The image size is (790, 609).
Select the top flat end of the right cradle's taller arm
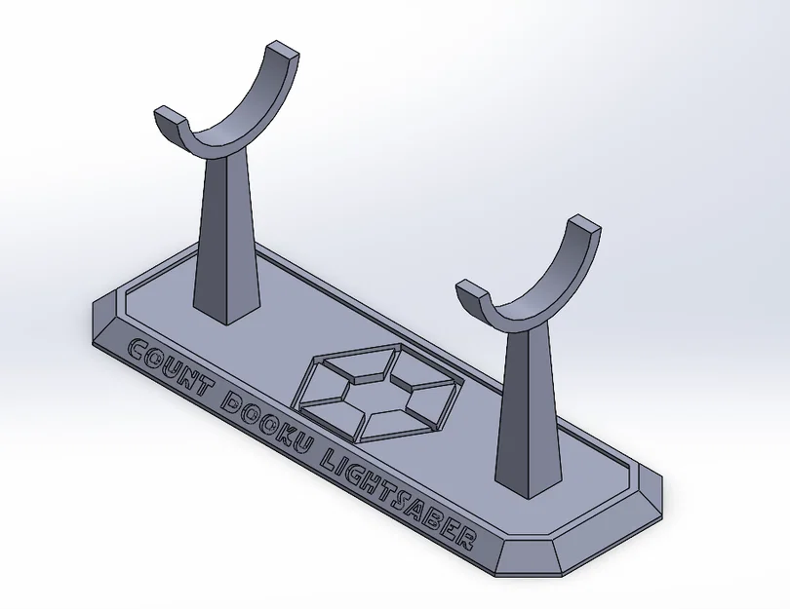(582, 225)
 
